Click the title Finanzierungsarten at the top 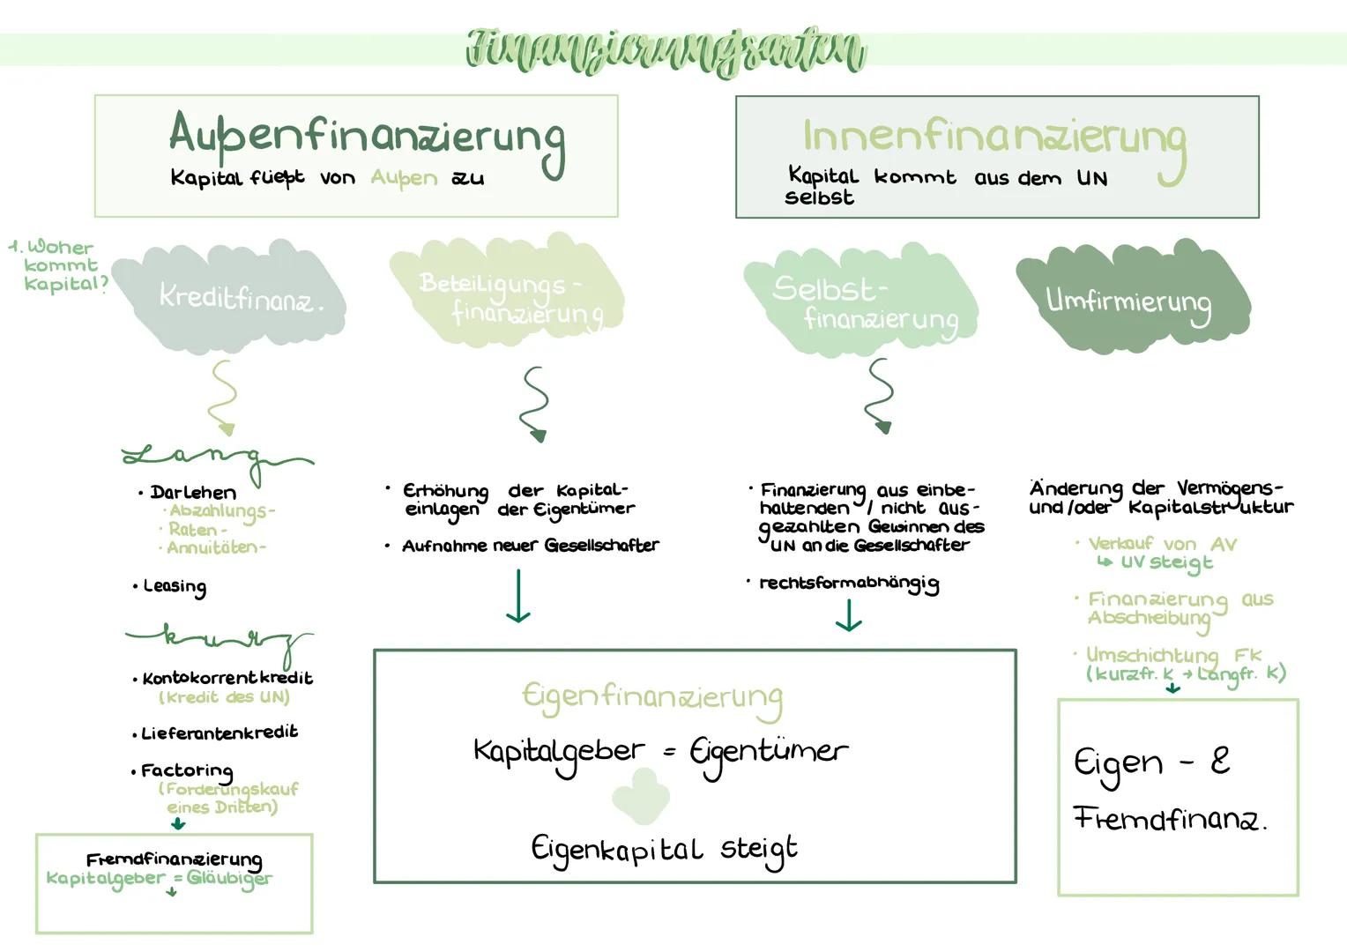666,50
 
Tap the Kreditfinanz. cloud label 240,298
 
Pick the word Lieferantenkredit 220,733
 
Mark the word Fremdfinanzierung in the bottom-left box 174,859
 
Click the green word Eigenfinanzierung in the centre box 651,698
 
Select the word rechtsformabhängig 849,584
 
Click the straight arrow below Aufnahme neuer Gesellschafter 518,597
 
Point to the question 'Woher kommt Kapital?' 60,265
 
